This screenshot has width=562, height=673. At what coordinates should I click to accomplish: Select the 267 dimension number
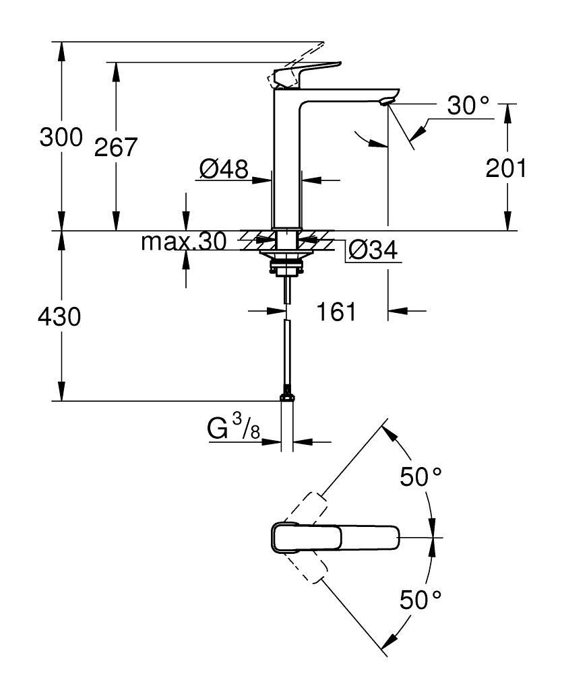115,147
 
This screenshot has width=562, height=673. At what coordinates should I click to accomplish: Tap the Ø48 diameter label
224,168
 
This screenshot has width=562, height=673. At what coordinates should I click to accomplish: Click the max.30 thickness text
183,242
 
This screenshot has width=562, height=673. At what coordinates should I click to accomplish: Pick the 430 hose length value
60,316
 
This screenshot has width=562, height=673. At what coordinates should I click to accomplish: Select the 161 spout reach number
336,312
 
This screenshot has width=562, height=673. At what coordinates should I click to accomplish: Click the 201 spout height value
506,168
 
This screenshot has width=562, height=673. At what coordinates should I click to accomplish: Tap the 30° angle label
468,106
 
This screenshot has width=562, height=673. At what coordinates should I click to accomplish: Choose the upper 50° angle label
420,477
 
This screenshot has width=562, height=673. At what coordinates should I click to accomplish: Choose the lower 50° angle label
420,598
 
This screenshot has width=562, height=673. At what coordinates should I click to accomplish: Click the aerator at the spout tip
385,102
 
